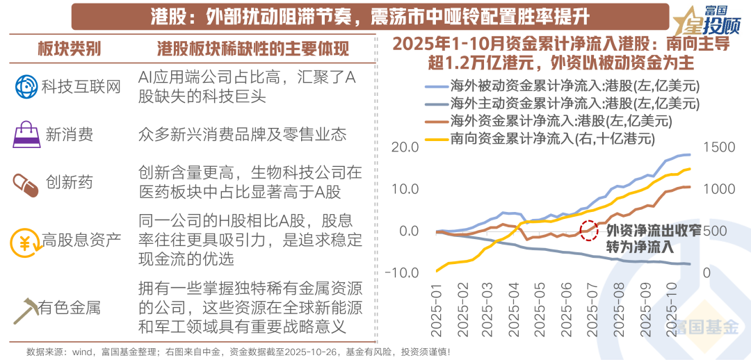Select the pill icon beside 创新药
point(26,183)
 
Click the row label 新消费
point(69,135)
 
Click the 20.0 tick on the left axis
point(405,147)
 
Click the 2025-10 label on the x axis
point(672,309)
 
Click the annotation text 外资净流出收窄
point(653,231)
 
